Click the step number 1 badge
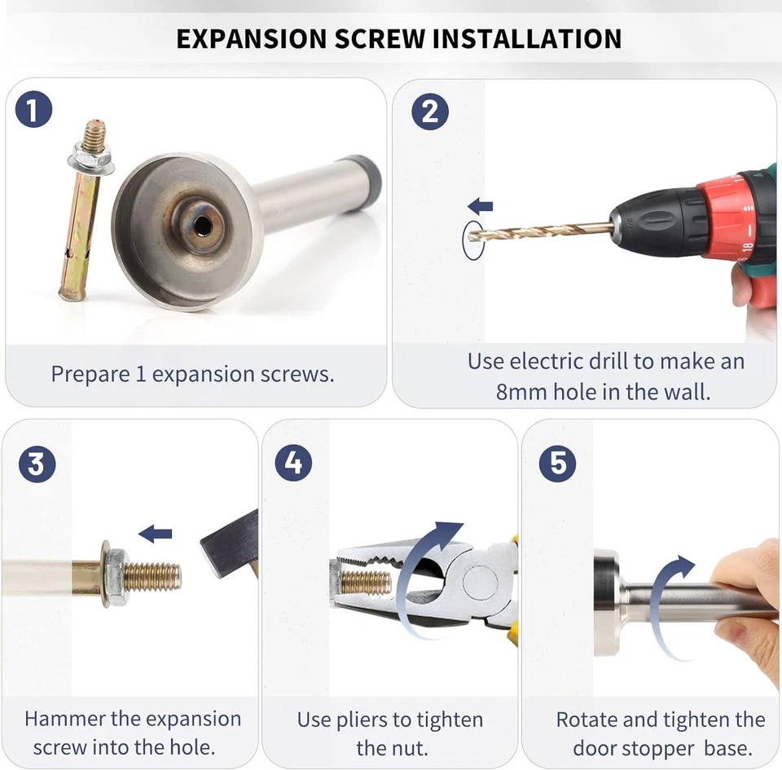[34, 109]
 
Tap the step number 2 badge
[430, 111]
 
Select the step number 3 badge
[37, 464]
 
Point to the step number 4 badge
[293, 462]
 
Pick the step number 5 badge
[557, 464]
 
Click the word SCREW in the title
[380, 39]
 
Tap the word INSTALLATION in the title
[527, 39]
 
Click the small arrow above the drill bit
[481, 205]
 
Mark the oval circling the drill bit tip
[473, 240]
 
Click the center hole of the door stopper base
[203, 226]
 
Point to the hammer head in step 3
[231, 543]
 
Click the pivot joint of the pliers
[481, 583]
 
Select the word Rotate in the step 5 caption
[586, 720]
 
